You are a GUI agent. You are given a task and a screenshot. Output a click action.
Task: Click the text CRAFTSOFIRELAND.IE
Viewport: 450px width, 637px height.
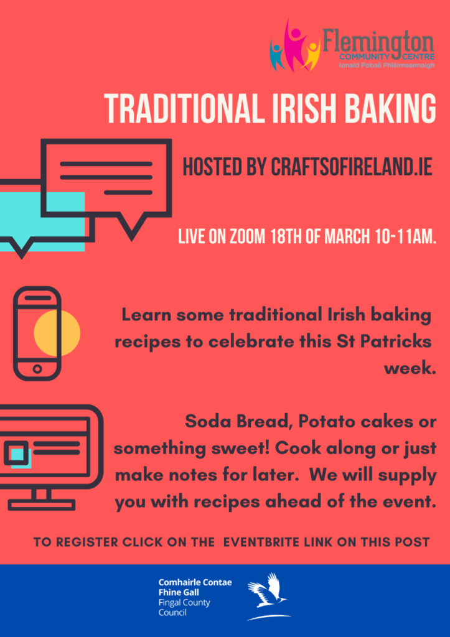[x=351, y=167]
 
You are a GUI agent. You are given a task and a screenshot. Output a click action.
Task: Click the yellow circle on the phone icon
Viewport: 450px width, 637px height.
[x=57, y=333]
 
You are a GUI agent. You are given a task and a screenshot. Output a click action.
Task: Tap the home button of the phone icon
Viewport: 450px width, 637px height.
[x=37, y=369]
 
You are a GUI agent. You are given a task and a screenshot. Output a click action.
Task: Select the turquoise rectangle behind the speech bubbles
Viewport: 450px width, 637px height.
[x=42, y=221]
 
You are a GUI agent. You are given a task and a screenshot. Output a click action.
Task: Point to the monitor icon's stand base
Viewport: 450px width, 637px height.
[x=42, y=505]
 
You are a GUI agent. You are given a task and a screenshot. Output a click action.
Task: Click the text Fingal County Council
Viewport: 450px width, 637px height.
[x=184, y=607]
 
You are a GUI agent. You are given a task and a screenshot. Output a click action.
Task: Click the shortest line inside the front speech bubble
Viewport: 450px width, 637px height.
[x=128, y=192]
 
